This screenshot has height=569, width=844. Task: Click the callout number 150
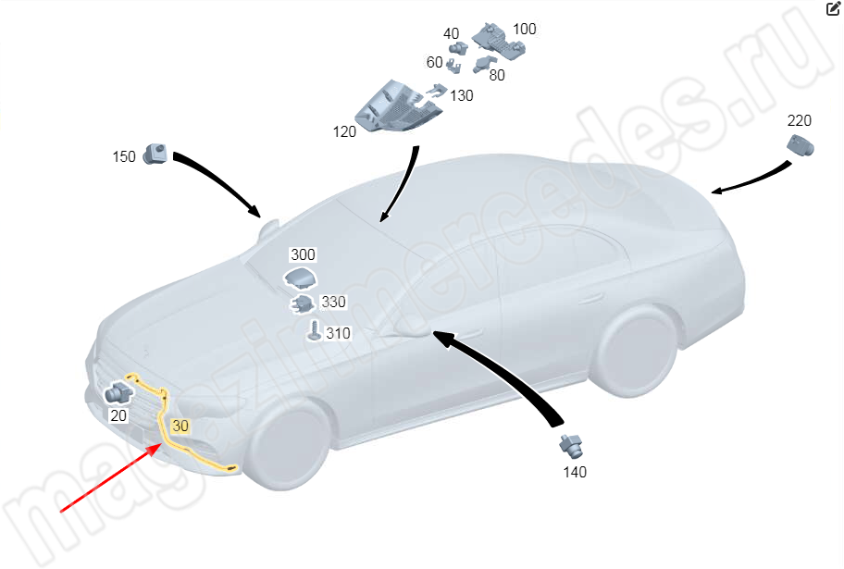click(124, 156)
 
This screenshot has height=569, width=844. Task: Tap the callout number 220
click(799, 120)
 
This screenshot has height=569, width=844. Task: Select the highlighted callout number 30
click(180, 426)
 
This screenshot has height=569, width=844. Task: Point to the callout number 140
click(575, 472)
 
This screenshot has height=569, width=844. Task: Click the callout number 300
click(303, 254)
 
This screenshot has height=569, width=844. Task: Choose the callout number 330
click(333, 302)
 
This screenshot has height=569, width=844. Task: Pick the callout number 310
click(338, 333)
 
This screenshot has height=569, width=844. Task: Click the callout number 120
click(344, 132)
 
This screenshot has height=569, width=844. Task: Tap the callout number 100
click(525, 29)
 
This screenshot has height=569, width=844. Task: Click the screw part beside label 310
click(315, 330)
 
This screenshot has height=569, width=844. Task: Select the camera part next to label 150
click(155, 154)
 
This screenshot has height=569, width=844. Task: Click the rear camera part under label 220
click(801, 146)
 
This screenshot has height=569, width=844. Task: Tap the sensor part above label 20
click(118, 393)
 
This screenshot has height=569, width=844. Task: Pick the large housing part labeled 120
click(397, 106)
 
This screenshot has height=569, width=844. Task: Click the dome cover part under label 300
click(301, 278)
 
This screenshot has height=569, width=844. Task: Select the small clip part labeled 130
click(437, 91)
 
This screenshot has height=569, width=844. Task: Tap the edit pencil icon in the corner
click(833, 8)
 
